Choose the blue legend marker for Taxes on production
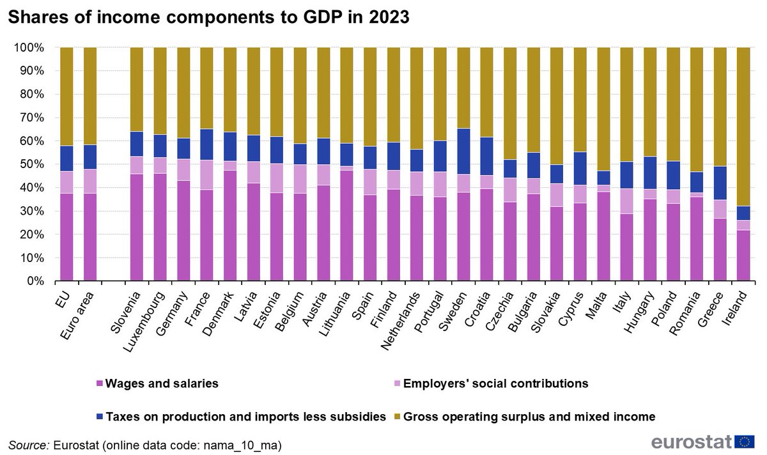coord(99,417)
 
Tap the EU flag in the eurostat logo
coord(744,441)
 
